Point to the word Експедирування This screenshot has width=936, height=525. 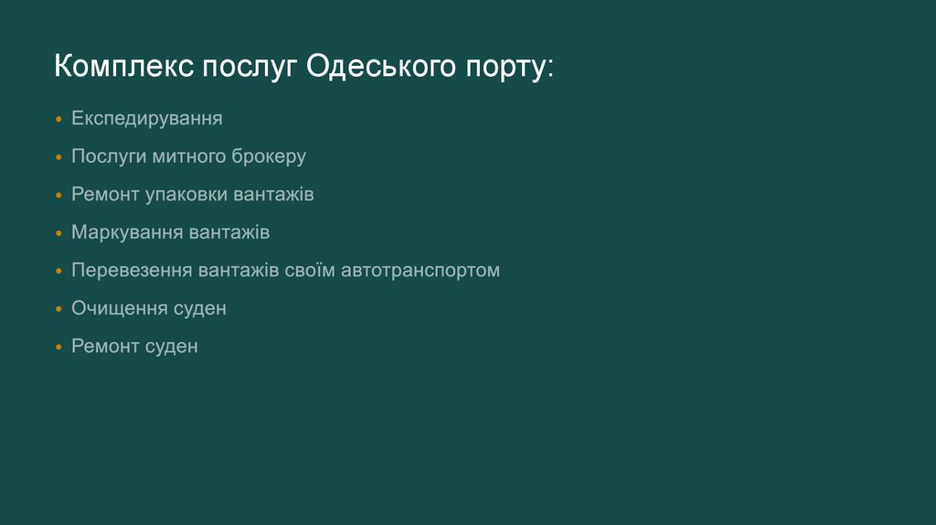coord(147,119)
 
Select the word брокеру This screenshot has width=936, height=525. coord(270,156)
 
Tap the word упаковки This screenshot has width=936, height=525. coord(186,195)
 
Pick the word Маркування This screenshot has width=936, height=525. coord(127,232)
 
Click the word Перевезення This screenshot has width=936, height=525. coord(133,271)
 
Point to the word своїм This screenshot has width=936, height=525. coord(312,271)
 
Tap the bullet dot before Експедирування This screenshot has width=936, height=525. coord(58,120)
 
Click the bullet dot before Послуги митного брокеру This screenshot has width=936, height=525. coord(58,157)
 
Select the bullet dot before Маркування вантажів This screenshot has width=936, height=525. coord(58,233)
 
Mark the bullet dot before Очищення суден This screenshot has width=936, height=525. coord(58,309)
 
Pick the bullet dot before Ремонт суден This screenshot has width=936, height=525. coord(58,348)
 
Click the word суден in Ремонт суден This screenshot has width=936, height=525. coord(171,347)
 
